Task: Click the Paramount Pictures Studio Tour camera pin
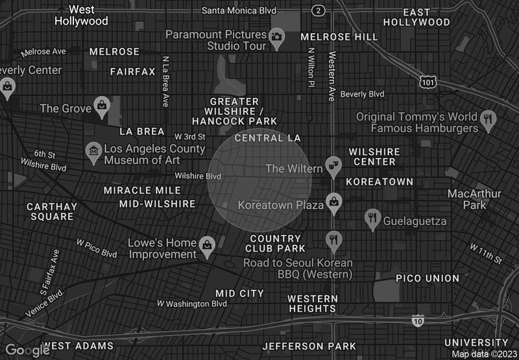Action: (277, 36)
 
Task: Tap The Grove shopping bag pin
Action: (102, 105)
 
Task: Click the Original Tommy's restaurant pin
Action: (489, 119)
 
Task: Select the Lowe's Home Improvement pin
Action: (206, 244)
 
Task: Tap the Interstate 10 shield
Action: (418, 320)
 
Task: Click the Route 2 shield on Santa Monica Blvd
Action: (318, 10)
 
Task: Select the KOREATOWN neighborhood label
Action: (380, 182)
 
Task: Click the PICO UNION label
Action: (428, 278)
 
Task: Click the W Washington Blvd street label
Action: (192, 304)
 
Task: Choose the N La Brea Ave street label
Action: (166, 80)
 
